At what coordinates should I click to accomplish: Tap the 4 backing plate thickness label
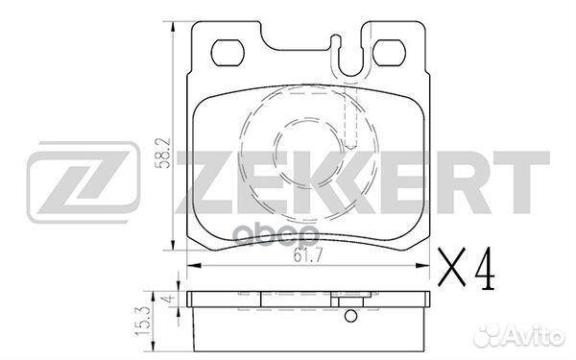pos(169,299)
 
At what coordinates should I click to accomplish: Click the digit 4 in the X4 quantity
pos(484,268)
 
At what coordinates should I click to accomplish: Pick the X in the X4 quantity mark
pos(452,268)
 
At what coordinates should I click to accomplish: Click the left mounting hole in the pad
pos(228,53)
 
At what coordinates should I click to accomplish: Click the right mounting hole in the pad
pos(389,53)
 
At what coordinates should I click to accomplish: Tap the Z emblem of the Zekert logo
pos(84,181)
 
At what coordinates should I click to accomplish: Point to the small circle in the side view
pos(350,316)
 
